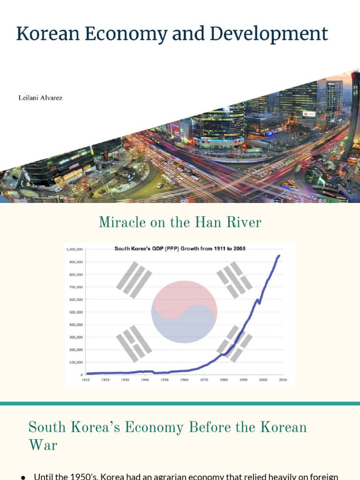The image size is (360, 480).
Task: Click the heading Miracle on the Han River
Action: point(180,222)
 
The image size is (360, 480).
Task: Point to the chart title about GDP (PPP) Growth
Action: point(180,248)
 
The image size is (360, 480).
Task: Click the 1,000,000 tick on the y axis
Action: point(74,250)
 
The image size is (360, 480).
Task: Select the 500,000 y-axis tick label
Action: point(75,312)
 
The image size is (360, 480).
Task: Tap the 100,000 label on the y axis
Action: point(75,362)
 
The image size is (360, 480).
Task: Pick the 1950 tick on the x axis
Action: point(164,380)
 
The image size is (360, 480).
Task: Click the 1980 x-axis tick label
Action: point(224,380)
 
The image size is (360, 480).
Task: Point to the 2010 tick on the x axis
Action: point(283,380)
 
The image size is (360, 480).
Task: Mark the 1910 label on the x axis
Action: point(86,380)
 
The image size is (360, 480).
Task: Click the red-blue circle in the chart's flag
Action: point(184,312)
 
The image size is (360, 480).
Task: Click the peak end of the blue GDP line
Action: point(279,255)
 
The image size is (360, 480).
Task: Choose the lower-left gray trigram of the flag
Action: point(134,344)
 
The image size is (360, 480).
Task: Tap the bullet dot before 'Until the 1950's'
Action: point(22,477)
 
